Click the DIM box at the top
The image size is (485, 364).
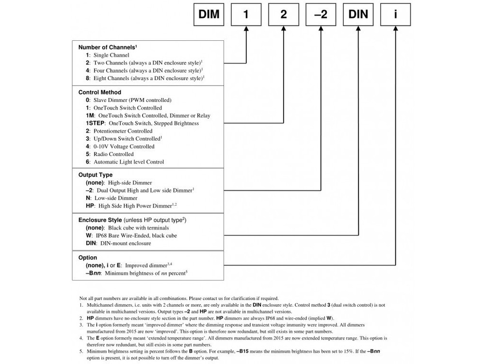[209, 15]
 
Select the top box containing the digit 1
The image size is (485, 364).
[246, 15]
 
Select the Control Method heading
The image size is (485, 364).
[100, 92]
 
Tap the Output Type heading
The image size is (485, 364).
[96, 175]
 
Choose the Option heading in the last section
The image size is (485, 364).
[88, 258]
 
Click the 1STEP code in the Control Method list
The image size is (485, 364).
[95, 123]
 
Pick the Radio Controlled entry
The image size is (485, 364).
[109, 154]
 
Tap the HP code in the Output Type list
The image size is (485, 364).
[89, 206]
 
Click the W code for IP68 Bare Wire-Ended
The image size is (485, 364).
[88, 235]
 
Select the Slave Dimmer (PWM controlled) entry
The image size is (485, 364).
[129, 100]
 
